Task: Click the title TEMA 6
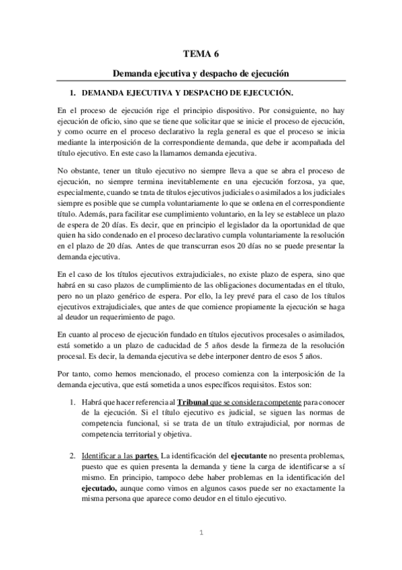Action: click(201, 50)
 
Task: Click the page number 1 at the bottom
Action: click(201, 534)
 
